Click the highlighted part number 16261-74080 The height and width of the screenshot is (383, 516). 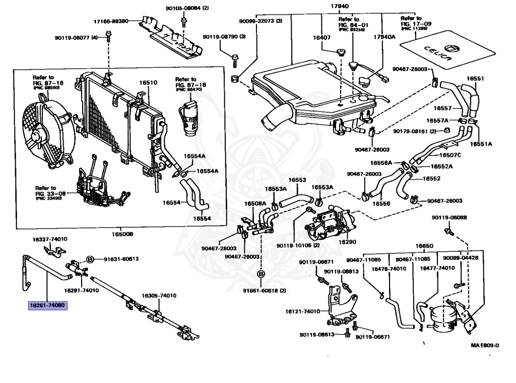pos(47,305)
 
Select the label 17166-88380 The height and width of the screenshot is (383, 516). pos(111,21)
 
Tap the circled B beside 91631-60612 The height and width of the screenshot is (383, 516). pos(90,259)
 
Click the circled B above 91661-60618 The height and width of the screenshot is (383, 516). pos(261,274)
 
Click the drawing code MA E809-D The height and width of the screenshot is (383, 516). pos(485,346)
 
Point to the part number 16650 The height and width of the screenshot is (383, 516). pos(424,246)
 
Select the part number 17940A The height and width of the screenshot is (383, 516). pos(384,37)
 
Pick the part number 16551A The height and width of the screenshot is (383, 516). pos(481,144)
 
